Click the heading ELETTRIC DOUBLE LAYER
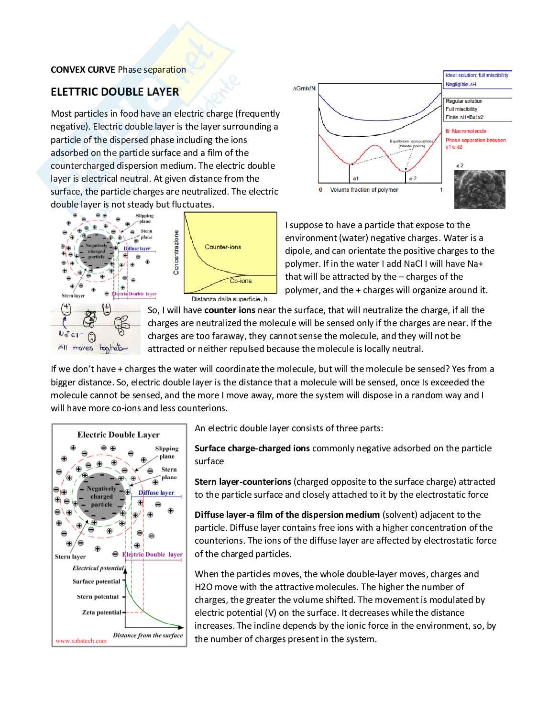[x=115, y=92]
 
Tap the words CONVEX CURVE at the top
[x=83, y=69]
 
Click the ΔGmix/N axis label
[x=304, y=88]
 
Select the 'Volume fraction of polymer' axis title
[x=364, y=190]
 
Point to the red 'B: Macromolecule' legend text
[x=466, y=131]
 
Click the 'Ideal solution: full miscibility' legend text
[x=477, y=75]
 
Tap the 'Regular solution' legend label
[x=464, y=101]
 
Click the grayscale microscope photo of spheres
[x=480, y=189]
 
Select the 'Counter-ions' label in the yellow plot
[x=223, y=247]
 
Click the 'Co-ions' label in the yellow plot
[x=241, y=281]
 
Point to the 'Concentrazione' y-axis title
[x=176, y=252]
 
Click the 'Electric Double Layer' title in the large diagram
[x=119, y=435]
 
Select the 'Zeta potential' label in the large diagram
[x=101, y=612]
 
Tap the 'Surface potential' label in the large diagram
[x=97, y=581]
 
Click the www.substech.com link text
[x=81, y=641]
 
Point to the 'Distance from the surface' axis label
[x=148, y=635]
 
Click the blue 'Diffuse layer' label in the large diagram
[x=156, y=492]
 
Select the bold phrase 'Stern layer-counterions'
[x=243, y=481]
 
